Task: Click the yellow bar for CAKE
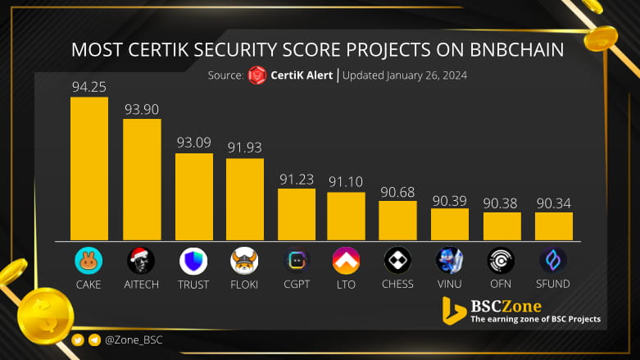(89, 168)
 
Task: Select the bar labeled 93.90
(142, 179)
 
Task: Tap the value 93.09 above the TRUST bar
(193, 143)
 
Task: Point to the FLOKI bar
(245, 198)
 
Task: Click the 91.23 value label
(296, 178)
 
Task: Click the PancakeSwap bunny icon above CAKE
(89, 261)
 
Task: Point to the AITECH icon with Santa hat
(141, 261)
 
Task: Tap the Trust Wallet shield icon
(193, 261)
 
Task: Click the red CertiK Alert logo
(257, 75)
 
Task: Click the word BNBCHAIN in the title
(511, 49)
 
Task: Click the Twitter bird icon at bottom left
(78, 339)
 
